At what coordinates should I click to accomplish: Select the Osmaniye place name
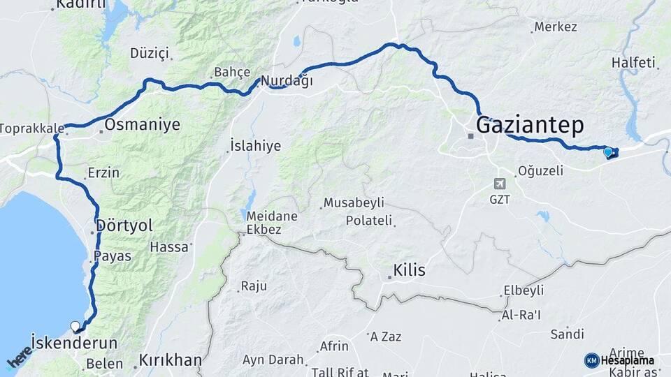coord(142,125)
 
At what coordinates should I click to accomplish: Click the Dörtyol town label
coord(124,226)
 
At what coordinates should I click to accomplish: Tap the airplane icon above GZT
coord(499,184)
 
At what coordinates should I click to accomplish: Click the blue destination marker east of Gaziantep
coord(608,151)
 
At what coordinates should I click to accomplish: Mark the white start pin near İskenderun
coord(75,325)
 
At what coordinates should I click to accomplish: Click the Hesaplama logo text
coord(628,360)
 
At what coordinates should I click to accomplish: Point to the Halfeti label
coord(635,63)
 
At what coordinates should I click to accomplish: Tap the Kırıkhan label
coord(171,361)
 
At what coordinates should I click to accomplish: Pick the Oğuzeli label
coord(540,171)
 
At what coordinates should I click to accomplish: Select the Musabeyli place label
coord(354,203)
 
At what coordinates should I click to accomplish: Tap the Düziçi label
coord(150,53)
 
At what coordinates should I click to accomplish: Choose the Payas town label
coord(112,256)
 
